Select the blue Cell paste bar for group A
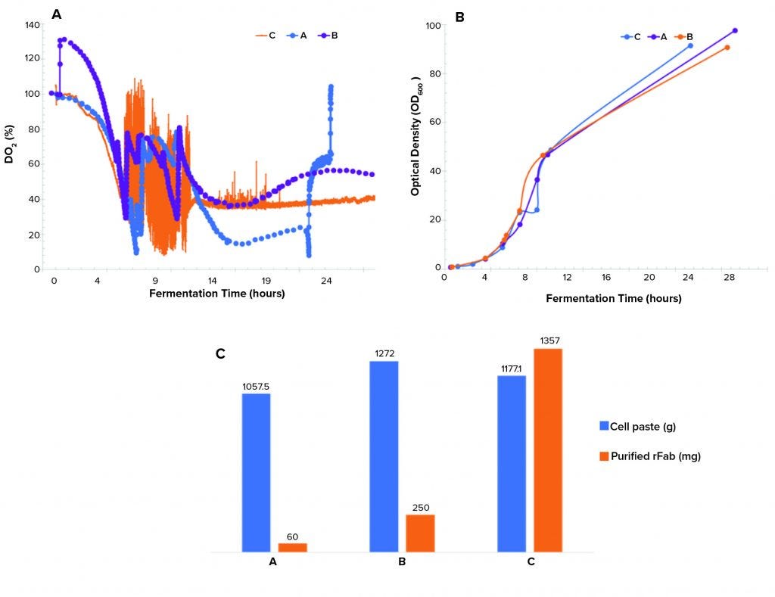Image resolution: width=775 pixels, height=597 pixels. tap(256, 472)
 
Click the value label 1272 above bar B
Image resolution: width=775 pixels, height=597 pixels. tap(384, 353)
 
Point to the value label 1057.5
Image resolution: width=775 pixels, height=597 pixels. tap(256, 386)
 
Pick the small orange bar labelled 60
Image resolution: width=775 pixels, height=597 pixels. tap(292, 547)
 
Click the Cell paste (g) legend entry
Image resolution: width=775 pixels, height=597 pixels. tap(637, 426)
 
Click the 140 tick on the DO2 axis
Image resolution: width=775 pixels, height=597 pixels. tap(32, 25)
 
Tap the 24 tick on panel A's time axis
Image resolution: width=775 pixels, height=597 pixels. tap(326, 280)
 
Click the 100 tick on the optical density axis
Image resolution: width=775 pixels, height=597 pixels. tap(433, 26)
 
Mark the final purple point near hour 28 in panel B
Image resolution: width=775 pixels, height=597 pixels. tap(735, 31)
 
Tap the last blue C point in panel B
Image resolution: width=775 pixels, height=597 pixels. tap(690, 46)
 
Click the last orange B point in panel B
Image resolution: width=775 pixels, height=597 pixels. tap(727, 48)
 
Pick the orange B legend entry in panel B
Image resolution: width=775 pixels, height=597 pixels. tap(683, 36)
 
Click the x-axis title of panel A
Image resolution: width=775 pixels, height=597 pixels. tap(216, 294)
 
